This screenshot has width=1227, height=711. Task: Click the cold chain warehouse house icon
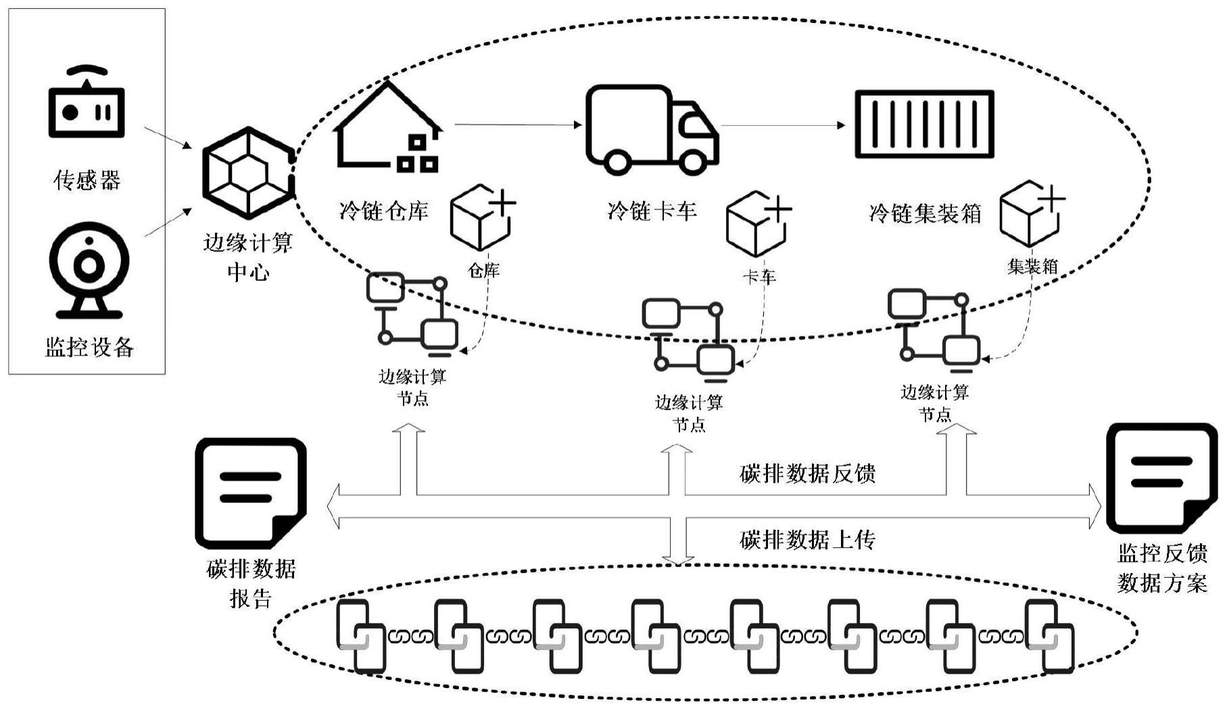388,128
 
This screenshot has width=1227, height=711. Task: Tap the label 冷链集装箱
924,214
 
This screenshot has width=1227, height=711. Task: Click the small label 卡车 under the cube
759,276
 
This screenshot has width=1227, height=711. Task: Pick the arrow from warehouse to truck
517,124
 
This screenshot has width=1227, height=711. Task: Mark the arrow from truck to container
782,125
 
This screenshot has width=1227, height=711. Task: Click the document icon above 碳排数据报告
250,493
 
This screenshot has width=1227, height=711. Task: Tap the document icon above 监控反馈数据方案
1160,478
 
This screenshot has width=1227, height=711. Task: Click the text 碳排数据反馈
807,474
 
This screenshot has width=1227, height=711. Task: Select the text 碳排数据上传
807,540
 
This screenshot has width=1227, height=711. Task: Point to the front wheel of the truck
692,162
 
